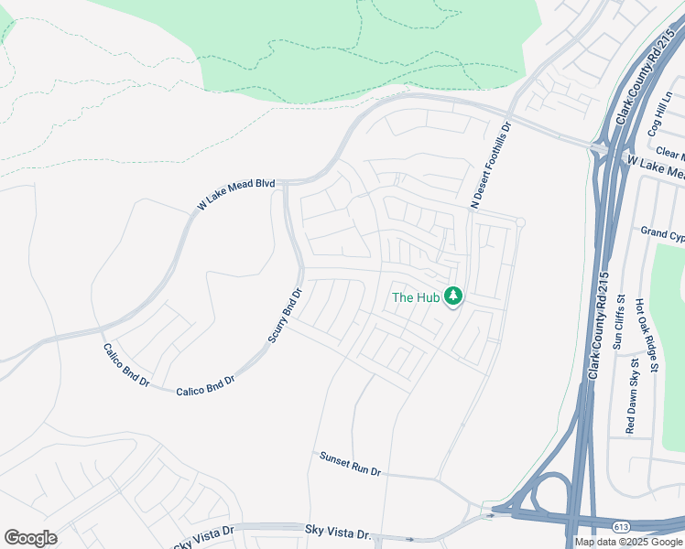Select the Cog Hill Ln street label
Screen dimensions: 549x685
660,114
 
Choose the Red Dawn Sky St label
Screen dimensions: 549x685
632,396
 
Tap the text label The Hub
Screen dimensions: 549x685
416,296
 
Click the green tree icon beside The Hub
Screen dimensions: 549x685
451,296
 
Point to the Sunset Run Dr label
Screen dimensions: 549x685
350,464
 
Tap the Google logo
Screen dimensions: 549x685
30,538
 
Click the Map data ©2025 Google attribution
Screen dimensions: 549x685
628,542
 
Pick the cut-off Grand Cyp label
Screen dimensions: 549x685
662,233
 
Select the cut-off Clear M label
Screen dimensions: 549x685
669,155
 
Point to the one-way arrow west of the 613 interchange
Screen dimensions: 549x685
490,515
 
